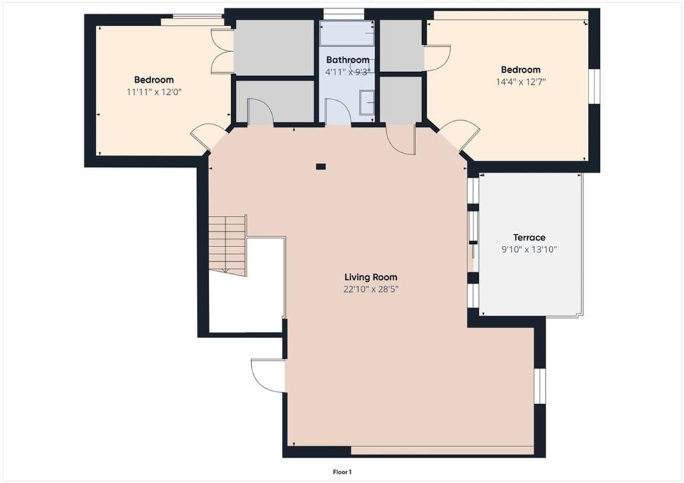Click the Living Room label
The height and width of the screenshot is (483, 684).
(x=371, y=277)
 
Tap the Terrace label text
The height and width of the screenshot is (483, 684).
(x=529, y=237)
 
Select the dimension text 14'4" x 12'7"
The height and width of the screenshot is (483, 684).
(x=521, y=82)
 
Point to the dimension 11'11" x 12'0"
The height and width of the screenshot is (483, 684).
(x=154, y=92)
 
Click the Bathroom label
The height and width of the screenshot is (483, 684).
(x=347, y=59)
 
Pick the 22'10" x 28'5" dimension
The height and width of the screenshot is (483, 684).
(x=371, y=289)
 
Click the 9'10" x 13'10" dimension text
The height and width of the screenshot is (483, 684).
(x=529, y=250)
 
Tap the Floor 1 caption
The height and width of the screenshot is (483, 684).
(x=342, y=472)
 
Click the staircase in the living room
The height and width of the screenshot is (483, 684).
(x=227, y=245)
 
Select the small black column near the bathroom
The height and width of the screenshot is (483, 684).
(x=321, y=166)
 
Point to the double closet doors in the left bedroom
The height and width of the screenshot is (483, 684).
(x=222, y=51)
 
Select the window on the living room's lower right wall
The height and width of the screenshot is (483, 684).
(x=540, y=386)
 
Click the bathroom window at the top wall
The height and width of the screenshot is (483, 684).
(x=343, y=15)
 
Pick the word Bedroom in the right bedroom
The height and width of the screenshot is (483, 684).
(x=520, y=69)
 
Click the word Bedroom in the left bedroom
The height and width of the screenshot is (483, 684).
(x=154, y=80)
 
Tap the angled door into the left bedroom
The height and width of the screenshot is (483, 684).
(x=208, y=136)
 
